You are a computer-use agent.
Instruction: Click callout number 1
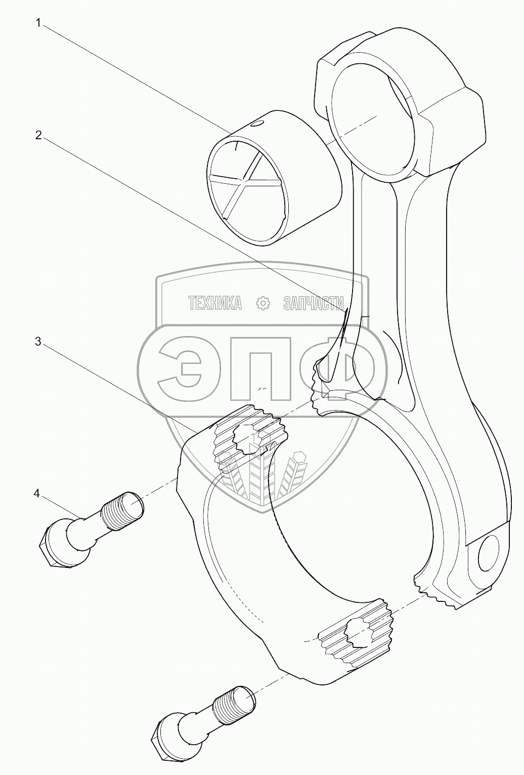(x=37, y=23)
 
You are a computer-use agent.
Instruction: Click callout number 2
(x=37, y=135)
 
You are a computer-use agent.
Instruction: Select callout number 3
(x=37, y=341)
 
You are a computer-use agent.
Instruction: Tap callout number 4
(x=37, y=493)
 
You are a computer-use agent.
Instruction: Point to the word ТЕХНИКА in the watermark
(x=214, y=303)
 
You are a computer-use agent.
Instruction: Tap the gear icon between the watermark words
(x=264, y=303)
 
